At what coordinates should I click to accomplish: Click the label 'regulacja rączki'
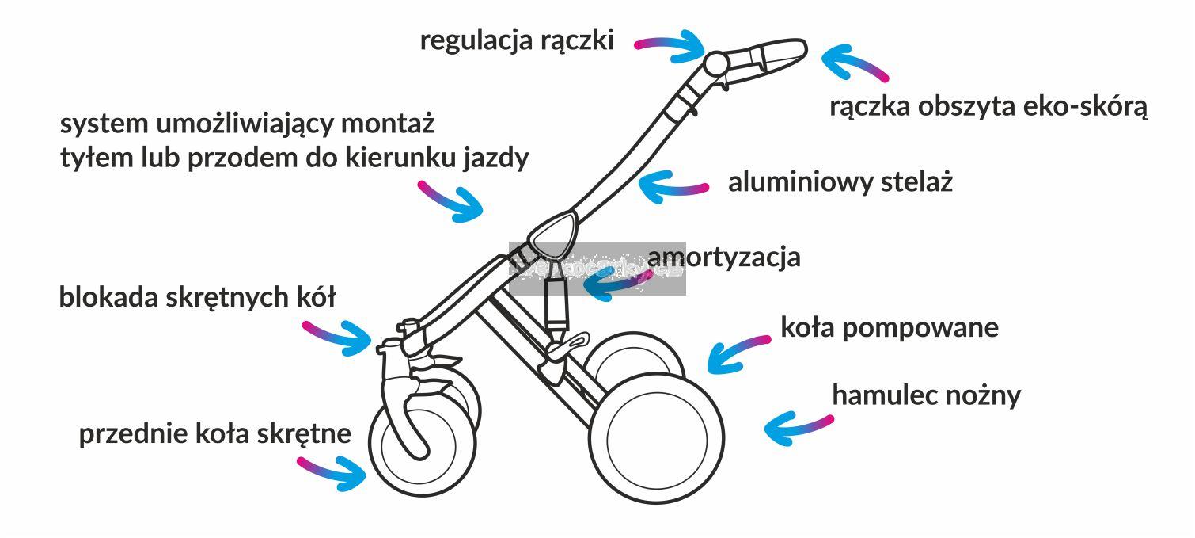[516, 40]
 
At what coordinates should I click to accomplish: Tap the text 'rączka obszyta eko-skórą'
[988, 107]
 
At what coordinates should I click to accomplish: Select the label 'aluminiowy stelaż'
[840, 182]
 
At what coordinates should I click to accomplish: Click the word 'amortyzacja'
[723, 258]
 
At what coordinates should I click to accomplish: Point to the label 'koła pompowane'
[889, 327]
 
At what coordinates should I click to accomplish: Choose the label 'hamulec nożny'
[926, 395]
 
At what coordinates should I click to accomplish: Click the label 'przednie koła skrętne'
[214, 434]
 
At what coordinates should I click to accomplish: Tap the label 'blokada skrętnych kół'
[197, 298]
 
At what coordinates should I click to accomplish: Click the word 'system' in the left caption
[104, 124]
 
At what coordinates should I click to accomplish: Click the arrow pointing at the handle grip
[853, 63]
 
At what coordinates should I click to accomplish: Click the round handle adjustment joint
[715, 63]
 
